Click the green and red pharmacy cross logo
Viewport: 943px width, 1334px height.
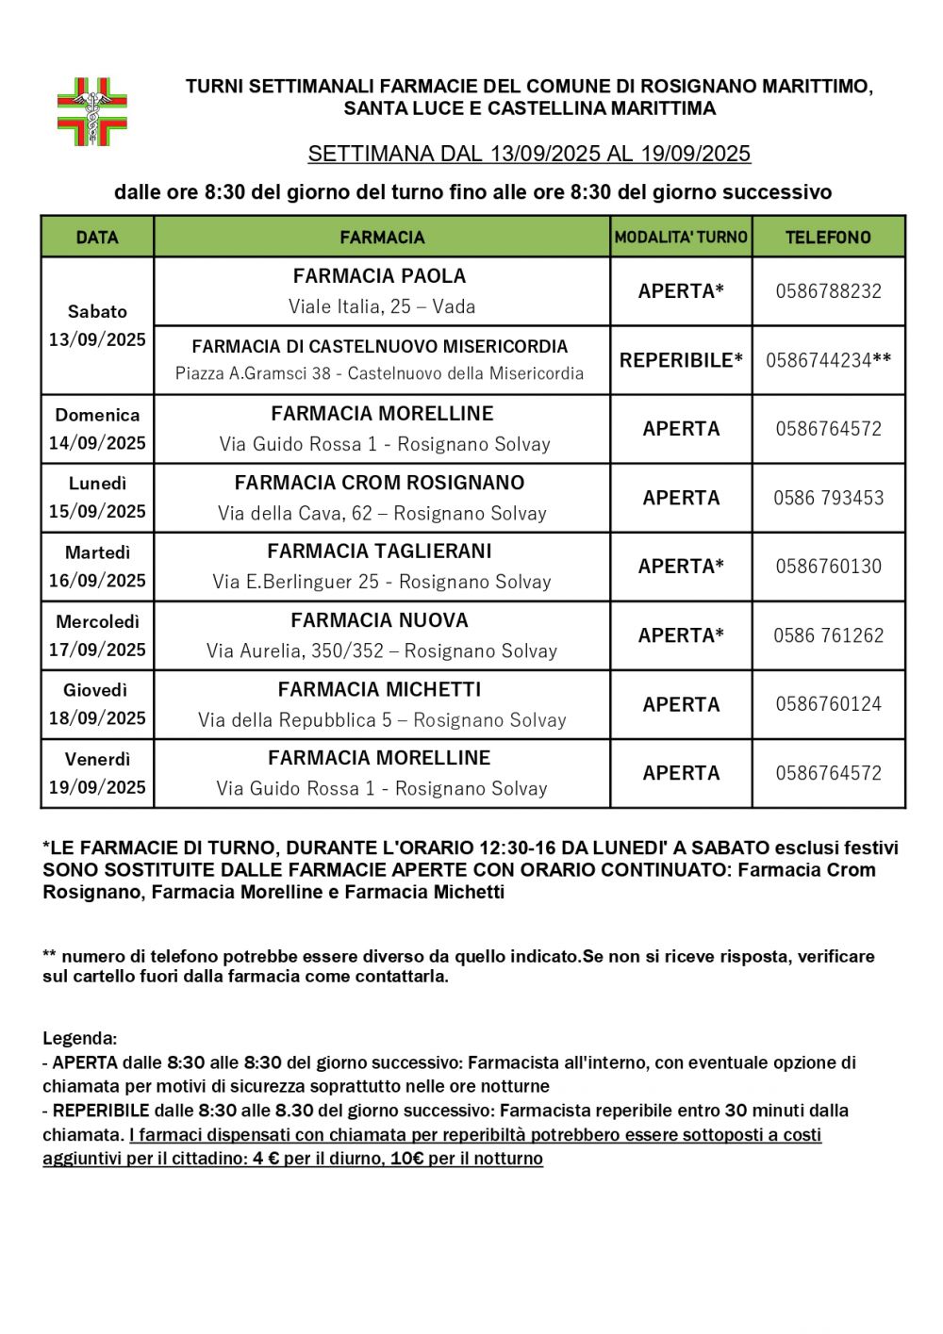tap(92, 112)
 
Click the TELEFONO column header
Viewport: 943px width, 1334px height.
tap(828, 238)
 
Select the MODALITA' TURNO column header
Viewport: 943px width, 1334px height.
tap(681, 238)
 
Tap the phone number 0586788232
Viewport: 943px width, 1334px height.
tap(828, 291)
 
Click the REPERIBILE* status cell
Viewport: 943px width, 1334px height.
tap(681, 360)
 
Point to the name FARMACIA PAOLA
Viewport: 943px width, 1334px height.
tap(380, 276)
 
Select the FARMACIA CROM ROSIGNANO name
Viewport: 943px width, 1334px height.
tap(380, 483)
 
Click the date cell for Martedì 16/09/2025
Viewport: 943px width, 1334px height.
tap(97, 567)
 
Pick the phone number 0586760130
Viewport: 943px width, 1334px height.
tap(828, 567)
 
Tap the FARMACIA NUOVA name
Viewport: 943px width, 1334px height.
tap(380, 620)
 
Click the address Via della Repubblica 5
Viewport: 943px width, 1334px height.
tap(382, 720)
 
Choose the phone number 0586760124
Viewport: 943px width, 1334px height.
tap(828, 704)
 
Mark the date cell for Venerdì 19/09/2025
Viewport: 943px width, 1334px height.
tap(97, 773)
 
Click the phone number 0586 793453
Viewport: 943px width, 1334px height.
tap(828, 498)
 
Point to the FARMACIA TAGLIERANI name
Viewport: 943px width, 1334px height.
tap(380, 552)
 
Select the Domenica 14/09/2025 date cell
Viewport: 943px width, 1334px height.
tap(97, 429)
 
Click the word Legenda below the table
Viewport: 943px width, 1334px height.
tap(79, 1039)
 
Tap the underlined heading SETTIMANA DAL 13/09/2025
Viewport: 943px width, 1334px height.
tap(529, 154)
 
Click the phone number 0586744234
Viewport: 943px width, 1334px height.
tap(819, 360)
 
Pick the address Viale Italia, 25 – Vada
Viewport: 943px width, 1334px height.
tap(382, 306)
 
